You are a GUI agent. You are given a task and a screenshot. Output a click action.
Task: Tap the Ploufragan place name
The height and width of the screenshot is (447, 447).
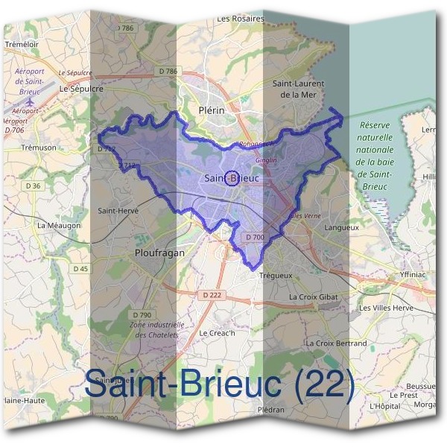pyautogui.click(x=159, y=253)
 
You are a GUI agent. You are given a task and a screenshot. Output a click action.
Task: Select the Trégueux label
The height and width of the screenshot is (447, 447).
pyautogui.click(x=276, y=275)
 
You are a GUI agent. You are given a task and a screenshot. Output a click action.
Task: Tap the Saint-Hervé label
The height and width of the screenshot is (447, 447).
pyautogui.click(x=118, y=211)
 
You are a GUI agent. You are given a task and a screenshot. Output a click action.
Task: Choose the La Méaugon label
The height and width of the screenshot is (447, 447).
pyautogui.click(x=59, y=224)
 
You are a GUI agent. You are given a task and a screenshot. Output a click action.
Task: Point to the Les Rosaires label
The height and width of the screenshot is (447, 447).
pyautogui.click(x=240, y=19)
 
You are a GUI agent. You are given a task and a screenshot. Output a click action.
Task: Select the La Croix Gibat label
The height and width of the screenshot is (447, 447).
pyautogui.click(x=314, y=297)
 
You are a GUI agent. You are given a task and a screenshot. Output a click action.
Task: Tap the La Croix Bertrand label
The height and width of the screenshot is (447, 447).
pyautogui.click(x=336, y=343)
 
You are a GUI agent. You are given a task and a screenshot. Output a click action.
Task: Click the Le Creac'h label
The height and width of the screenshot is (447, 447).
pyautogui.click(x=218, y=332)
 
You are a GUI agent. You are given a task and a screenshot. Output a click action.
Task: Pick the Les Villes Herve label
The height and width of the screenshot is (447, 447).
pyautogui.click(x=386, y=308)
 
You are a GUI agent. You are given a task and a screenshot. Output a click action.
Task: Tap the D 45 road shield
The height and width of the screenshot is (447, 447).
pyautogui.click(x=80, y=268)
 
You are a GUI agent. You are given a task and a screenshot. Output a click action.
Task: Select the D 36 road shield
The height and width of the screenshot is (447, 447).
pyautogui.click(x=32, y=186)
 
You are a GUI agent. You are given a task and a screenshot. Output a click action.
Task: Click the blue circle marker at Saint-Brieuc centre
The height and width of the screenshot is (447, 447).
pyautogui.click(x=231, y=178)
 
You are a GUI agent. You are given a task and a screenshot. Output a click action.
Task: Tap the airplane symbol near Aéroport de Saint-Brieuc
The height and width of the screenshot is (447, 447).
pyautogui.click(x=30, y=100)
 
